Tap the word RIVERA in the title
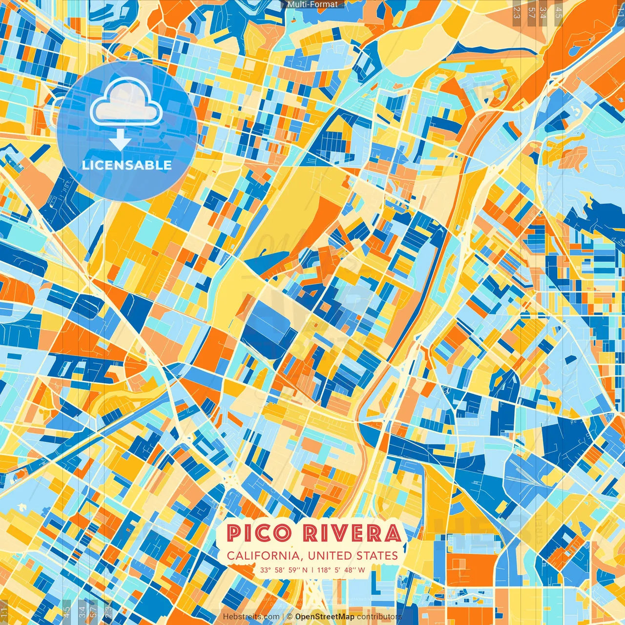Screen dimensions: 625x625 [352, 533]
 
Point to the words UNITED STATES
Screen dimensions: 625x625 [353, 556]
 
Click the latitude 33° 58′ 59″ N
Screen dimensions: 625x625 [284, 570]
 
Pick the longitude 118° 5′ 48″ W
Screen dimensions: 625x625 [341, 570]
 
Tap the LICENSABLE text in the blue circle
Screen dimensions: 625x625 [127, 165]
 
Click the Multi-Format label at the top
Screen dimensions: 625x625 [312, 4]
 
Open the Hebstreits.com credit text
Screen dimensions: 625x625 [251, 617]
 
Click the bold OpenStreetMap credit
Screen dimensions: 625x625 [325, 617]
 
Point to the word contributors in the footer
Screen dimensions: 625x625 [379, 617]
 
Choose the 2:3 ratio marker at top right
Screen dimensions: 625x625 [517, 12]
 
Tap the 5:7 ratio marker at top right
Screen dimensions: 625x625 [531, 12]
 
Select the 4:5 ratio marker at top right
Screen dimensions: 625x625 [559, 12]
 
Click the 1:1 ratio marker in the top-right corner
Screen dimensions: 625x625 [621, 10]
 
